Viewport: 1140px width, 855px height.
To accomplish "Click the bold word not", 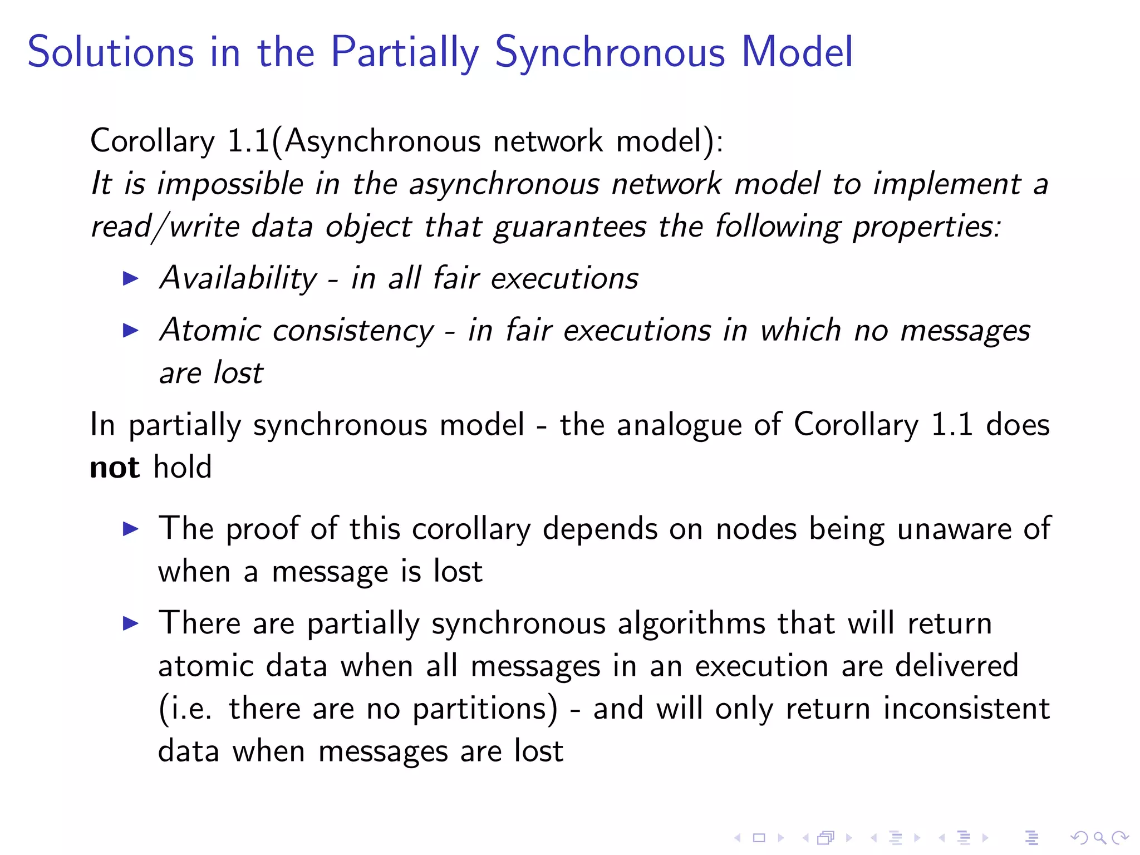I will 115,468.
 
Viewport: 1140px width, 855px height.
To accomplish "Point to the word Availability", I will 238,278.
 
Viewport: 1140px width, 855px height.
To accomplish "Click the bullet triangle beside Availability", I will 130,278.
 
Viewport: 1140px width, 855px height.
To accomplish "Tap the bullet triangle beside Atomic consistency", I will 130,331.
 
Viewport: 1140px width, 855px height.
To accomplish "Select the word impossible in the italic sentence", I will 230,185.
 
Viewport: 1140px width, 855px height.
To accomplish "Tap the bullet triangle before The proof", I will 130,529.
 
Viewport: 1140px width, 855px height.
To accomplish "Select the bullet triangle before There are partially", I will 130,623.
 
